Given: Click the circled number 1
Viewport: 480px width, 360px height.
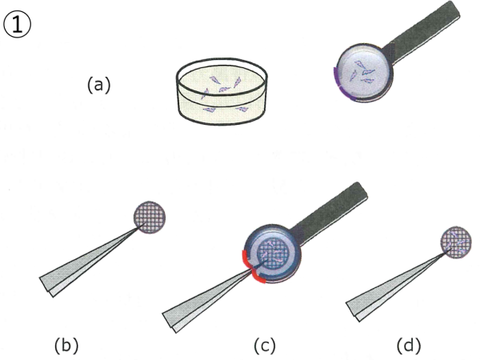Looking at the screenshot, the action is [x=17, y=25].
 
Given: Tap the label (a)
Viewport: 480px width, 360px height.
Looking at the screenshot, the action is [x=98, y=85].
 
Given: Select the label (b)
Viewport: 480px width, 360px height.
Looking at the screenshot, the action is [x=66, y=345].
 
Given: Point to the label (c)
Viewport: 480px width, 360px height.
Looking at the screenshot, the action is [x=265, y=345].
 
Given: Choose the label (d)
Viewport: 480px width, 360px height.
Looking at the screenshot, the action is [x=409, y=345].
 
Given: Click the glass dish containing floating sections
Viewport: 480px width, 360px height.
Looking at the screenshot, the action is [x=222, y=91].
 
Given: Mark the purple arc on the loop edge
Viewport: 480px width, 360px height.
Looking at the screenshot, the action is [x=342, y=87].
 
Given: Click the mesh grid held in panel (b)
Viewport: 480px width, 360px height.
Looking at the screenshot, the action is [x=150, y=218].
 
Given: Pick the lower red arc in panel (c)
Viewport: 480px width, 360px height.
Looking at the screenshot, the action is [x=258, y=278].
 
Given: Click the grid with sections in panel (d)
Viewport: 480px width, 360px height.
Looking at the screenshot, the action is [x=456, y=242].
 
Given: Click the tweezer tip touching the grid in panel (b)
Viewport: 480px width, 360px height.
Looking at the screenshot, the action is [x=145, y=224].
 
